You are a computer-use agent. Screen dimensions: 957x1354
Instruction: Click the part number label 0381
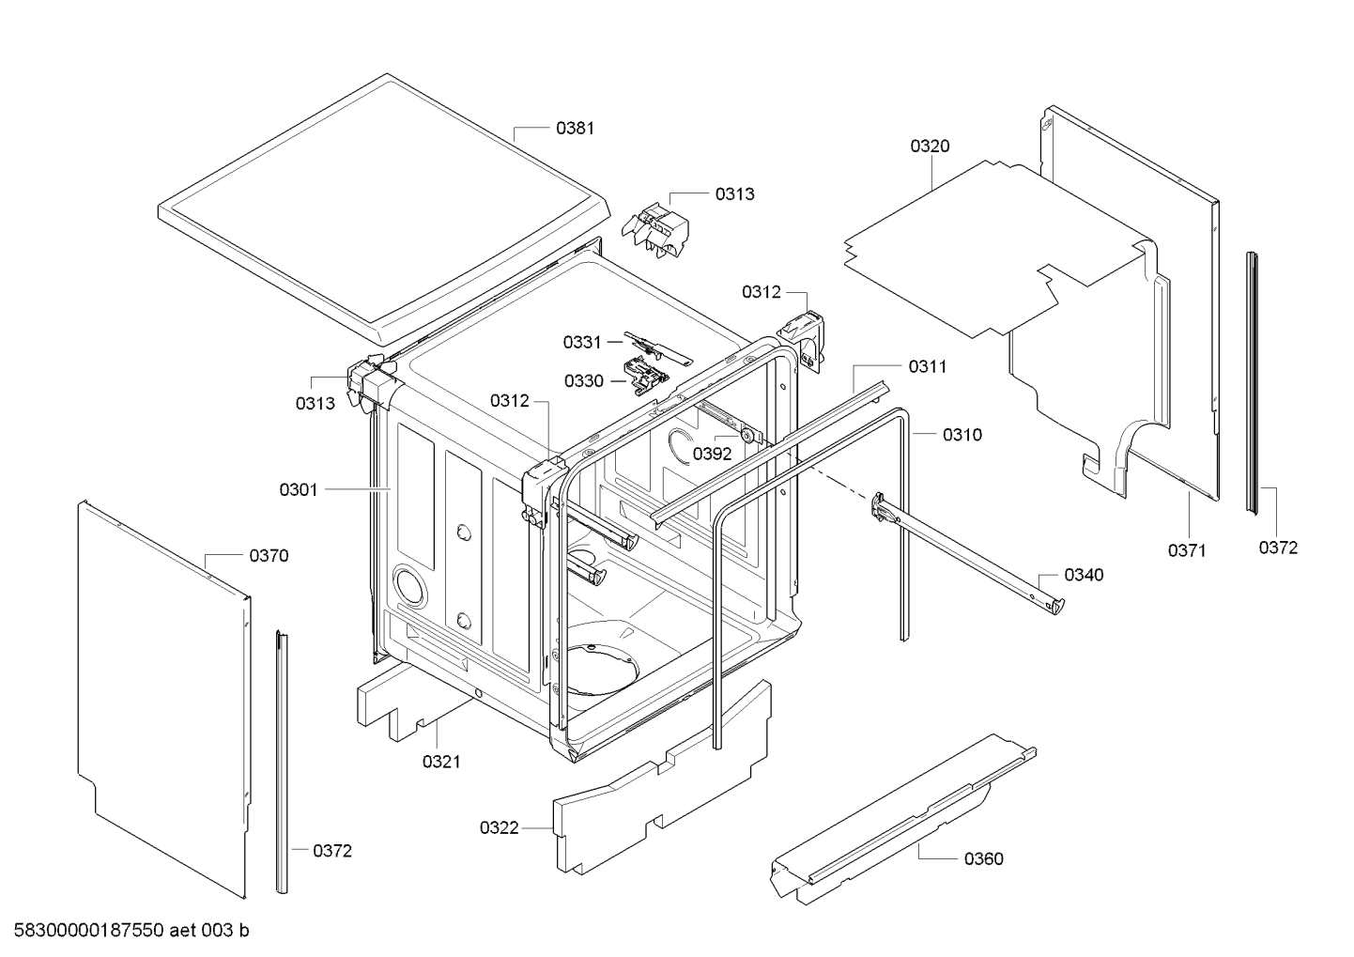click(x=575, y=129)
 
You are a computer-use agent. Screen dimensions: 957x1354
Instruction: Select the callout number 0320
click(x=929, y=146)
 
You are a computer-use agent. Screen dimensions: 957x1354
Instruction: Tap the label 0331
click(x=582, y=343)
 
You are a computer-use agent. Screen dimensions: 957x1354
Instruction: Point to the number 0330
click(x=583, y=381)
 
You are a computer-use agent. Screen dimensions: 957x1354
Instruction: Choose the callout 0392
click(x=712, y=454)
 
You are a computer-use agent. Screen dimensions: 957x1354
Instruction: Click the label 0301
click(x=299, y=489)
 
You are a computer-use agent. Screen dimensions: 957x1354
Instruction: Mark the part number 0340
click(x=1084, y=575)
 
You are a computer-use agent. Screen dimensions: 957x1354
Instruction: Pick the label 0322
click(x=500, y=827)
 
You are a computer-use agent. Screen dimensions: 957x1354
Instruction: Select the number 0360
click(x=983, y=858)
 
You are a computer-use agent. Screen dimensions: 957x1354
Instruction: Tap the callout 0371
click(x=1187, y=550)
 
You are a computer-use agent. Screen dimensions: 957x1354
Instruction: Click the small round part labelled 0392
click(x=746, y=434)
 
